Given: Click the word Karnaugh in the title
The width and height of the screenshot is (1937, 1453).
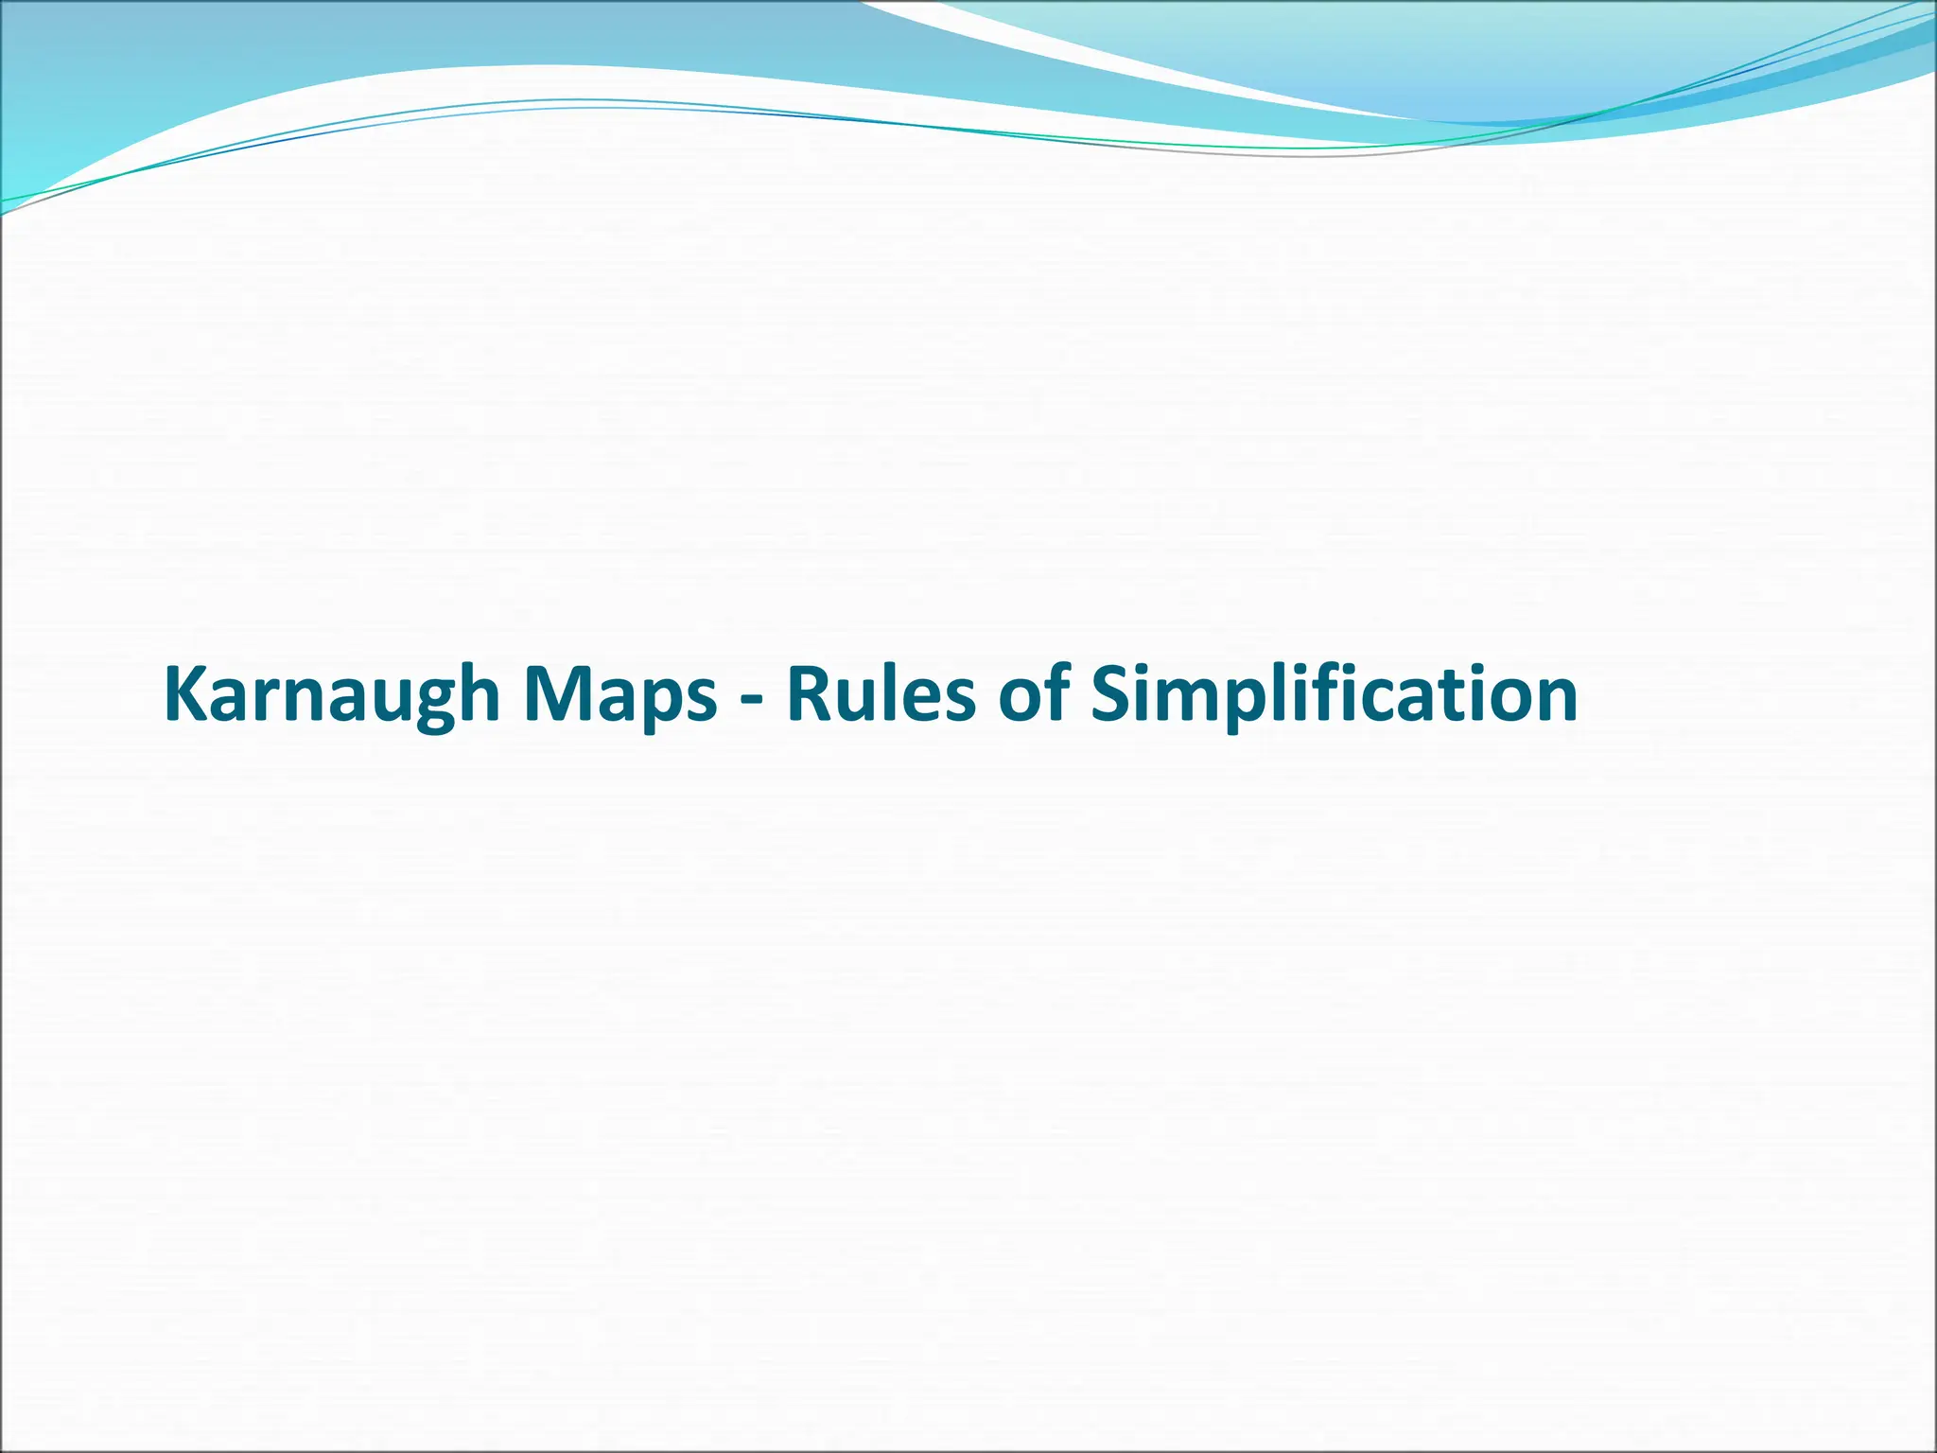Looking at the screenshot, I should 331,695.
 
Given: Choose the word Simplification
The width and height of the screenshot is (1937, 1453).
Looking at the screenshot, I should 1334,695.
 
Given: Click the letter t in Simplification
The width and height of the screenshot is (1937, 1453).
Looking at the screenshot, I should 1452,695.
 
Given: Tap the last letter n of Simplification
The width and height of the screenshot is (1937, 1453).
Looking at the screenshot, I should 1555,700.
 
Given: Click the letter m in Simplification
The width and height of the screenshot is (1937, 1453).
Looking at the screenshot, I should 1186,700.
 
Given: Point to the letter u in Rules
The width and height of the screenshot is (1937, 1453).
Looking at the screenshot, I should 860,700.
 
